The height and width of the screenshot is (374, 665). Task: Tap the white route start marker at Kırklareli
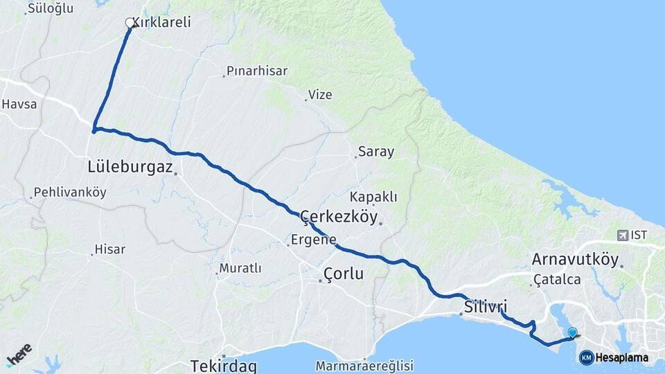130,23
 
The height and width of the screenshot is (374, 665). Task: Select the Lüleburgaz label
129,166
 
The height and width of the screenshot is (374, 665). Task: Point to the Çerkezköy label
339,217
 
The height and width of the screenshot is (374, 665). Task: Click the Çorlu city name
344,274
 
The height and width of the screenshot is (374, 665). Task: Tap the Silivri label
486,305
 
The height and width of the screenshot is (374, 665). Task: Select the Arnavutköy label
575,259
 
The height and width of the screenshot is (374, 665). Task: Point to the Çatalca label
557,280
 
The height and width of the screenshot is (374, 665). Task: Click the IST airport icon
621,235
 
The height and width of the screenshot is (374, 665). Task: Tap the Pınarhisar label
256,71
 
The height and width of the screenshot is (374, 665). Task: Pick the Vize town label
320,95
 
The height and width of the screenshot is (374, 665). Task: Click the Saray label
375,152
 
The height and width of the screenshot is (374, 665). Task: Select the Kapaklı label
373,197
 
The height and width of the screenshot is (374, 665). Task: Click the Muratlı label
240,268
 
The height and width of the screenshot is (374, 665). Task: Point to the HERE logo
19,355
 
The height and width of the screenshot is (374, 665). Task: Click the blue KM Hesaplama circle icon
586,357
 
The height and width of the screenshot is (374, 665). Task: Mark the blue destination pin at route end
572,333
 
